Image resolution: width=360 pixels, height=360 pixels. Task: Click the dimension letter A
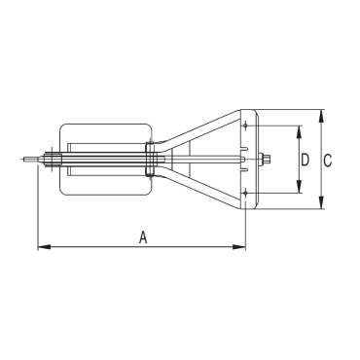coord(143,237)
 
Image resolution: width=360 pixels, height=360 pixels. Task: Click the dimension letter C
coord(328,161)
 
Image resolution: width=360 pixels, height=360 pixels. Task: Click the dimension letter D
coord(305,161)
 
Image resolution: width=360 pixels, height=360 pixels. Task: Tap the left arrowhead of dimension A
coord(45,247)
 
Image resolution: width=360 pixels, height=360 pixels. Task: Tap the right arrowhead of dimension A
coord(239,247)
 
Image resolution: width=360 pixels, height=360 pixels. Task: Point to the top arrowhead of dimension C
coord(321,117)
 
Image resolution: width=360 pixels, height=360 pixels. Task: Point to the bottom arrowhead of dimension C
coord(321,202)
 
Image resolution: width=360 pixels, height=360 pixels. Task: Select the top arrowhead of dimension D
coord(299,131)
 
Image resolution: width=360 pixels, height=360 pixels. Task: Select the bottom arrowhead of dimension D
coord(299,187)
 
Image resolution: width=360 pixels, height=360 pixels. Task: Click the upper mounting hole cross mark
coord(245,126)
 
